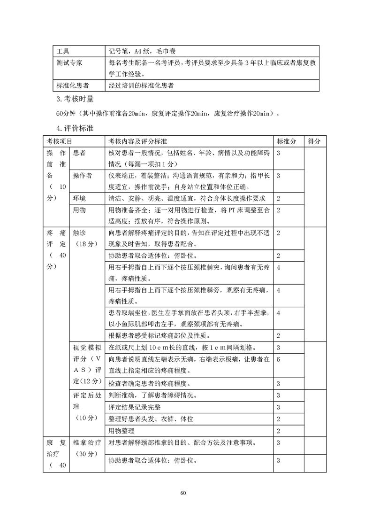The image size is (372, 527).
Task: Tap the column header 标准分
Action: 287,141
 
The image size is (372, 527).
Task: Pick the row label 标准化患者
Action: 72,85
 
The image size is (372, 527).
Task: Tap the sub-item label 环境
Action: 79,198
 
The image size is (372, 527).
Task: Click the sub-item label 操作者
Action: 83,176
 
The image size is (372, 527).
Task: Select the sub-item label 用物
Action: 79,210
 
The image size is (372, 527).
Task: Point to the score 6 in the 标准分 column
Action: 279,359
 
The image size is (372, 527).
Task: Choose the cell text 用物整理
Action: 121,431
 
